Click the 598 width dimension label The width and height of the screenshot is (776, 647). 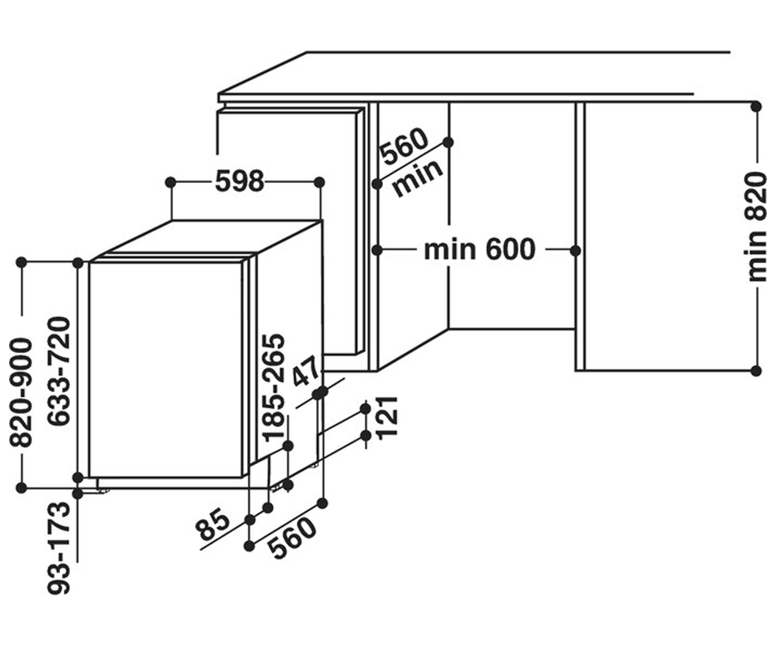click(x=240, y=181)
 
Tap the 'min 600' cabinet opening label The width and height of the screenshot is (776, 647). click(x=479, y=250)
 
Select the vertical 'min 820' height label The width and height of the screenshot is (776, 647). click(x=758, y=227)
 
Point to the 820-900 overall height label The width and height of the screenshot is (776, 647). click(x=21, y=392)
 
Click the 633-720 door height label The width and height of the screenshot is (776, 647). click(x=59, y=371)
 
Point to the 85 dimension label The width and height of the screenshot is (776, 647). click(x=213, y=524)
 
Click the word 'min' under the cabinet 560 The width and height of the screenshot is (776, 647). click(x=418, y=178)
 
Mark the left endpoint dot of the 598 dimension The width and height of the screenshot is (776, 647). click(x=171, y=182)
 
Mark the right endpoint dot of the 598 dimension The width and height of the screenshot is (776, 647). click(x=319, y=182)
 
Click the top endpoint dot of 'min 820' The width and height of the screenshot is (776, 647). click(x=756, y=107)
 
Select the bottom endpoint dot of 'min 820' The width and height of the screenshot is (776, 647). click(x=756, y=371)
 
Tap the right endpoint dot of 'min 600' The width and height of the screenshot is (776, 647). click(x=576, y=250)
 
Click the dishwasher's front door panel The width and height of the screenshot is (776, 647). click(x=166, y=369)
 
